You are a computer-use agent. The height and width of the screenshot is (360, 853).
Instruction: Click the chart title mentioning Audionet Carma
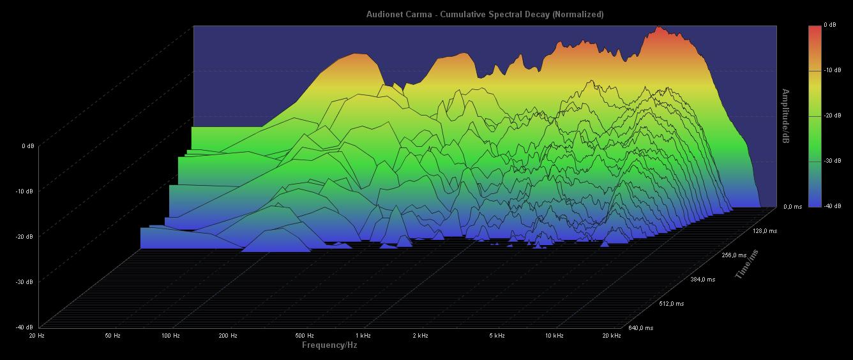pos(485,14)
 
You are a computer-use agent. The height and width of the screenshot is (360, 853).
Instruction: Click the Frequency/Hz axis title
pos(329,345)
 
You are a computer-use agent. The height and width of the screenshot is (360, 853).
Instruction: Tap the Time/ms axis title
pos(748,265)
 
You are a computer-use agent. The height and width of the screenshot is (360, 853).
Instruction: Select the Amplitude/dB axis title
pos(785,116)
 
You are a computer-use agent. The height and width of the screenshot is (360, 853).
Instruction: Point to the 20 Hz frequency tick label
pos(36,336)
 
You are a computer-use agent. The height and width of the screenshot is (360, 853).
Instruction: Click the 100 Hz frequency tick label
pos(170,336)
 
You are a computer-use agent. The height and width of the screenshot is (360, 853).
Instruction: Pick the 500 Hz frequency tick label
pos(305,336)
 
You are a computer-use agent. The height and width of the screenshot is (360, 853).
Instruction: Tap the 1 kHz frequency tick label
pos(363,336)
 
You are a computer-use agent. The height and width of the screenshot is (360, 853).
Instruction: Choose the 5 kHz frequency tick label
pos(497,336)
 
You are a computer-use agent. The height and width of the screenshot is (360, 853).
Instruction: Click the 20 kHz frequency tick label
pos(611,336)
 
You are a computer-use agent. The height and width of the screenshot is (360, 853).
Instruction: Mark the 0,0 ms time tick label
pos(793,207)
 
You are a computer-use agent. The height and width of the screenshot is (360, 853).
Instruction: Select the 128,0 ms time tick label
pos(765,231)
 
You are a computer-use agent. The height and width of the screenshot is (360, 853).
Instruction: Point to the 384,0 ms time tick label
pos(702,280)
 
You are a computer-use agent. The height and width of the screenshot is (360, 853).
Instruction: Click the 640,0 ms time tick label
pos(640,328)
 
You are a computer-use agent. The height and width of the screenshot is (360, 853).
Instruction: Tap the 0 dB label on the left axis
pos(27,146)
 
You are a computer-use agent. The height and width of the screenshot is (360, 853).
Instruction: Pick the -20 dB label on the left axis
pos(24,237)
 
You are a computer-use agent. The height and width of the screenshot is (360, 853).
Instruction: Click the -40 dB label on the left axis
pos(24,327)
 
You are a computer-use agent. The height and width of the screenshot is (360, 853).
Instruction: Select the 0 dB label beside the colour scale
pos(830,25)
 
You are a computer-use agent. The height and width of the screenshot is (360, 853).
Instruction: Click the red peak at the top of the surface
pos(658,29)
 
